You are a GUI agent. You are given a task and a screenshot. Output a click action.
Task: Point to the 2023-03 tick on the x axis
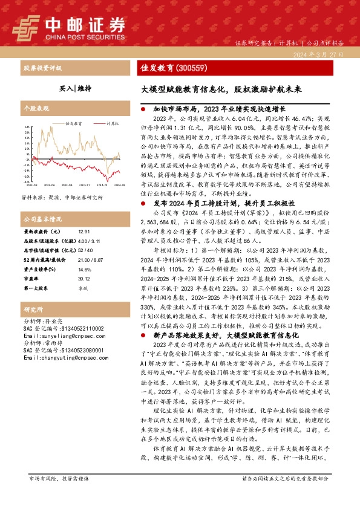(31, 185)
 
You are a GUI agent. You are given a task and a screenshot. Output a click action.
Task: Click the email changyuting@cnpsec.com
(60, 357)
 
